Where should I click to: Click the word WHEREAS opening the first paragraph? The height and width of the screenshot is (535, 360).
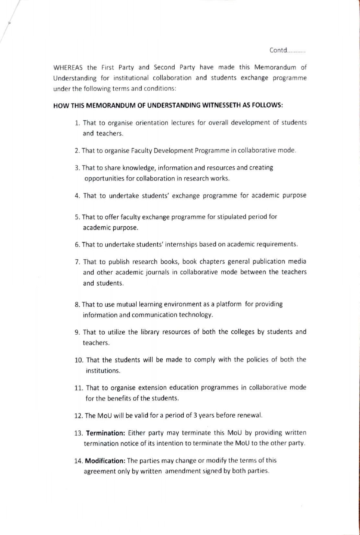68,68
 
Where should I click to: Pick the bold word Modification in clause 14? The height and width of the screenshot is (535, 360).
105,460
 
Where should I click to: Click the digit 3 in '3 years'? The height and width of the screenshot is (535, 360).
195,415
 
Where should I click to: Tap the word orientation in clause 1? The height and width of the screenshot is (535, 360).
152,123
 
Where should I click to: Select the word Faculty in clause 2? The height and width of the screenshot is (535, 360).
142,151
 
